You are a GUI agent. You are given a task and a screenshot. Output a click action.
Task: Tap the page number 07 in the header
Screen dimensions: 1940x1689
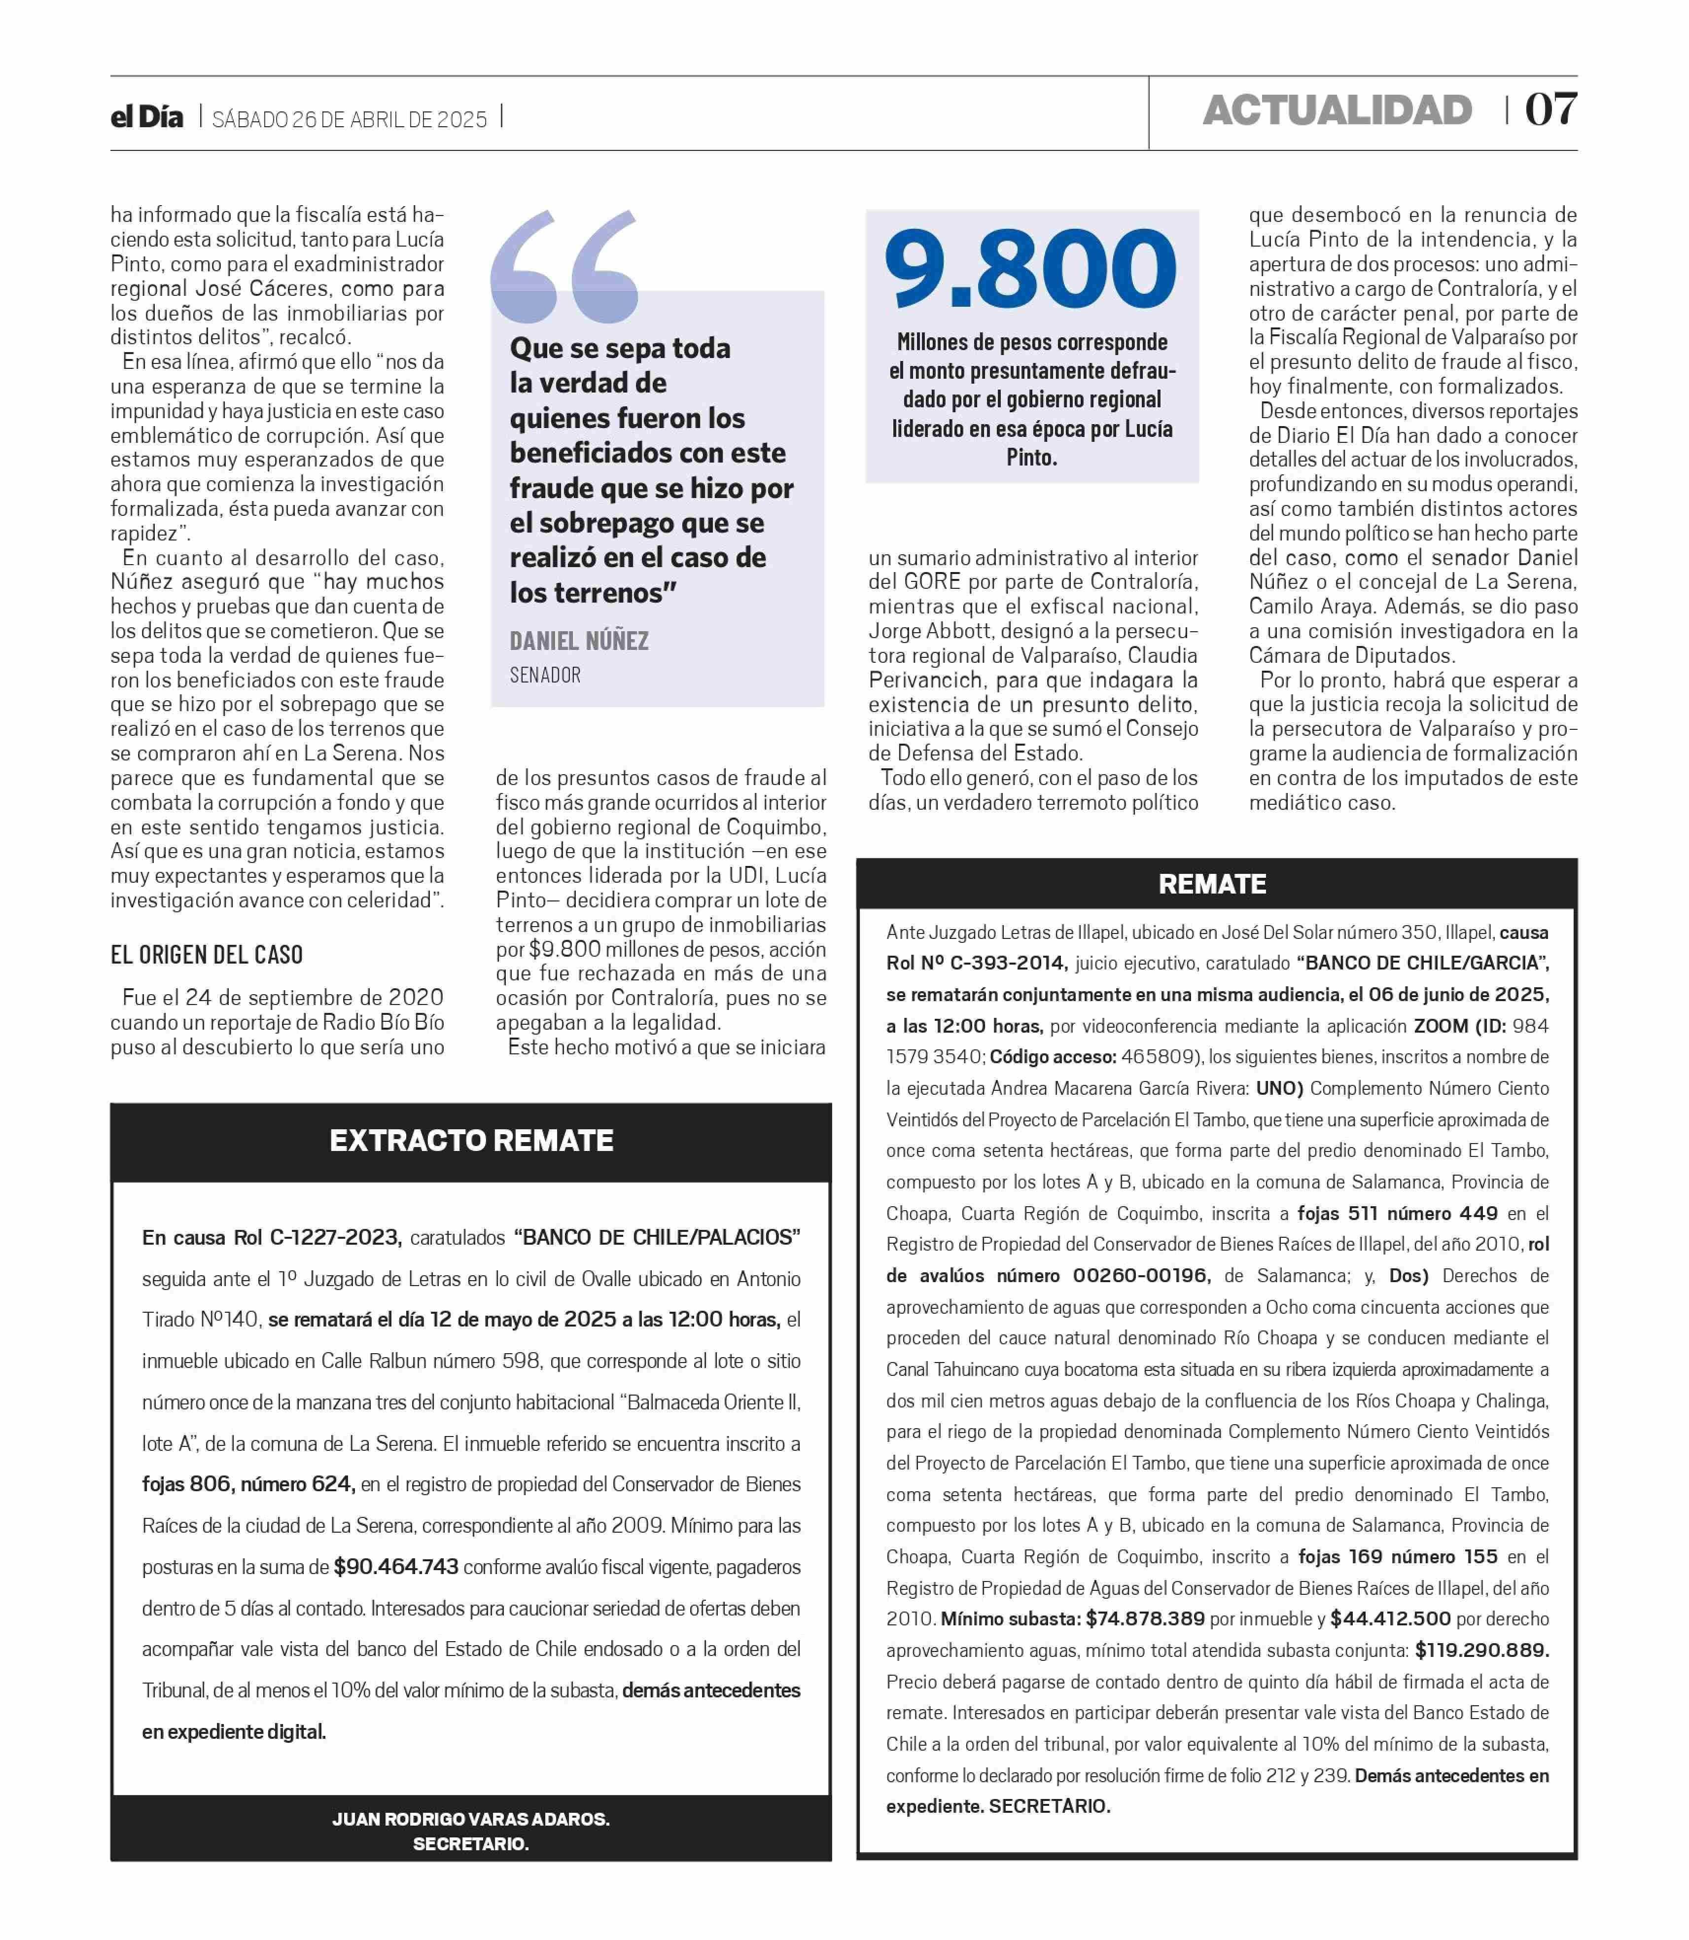[x=1550, y=110]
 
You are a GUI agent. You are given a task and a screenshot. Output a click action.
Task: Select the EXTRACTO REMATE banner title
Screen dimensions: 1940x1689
[x=471, y=1141]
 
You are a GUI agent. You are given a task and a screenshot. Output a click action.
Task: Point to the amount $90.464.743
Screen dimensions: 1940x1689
[x=396, y=1567]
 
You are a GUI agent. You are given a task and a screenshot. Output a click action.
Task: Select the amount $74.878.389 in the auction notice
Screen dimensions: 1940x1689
[x=1145, y=1618]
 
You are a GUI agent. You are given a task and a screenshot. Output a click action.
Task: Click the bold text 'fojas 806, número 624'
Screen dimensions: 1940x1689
[x=249, y=1484]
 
